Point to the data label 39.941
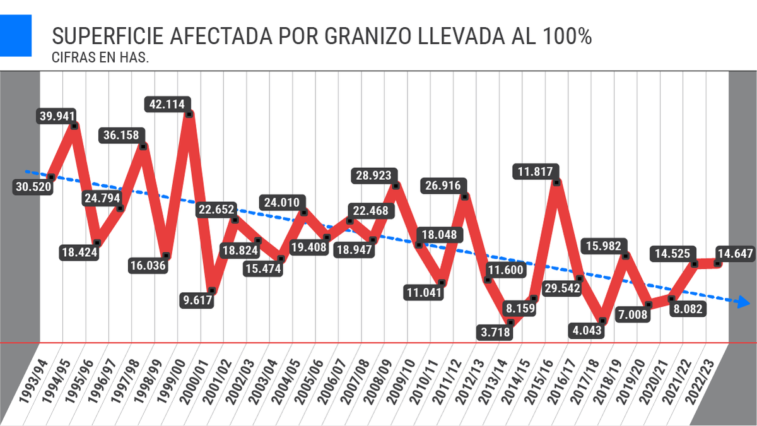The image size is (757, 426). (x=57, y=115)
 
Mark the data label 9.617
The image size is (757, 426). (x=196, y=300)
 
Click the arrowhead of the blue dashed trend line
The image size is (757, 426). (x=743, y=303)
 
